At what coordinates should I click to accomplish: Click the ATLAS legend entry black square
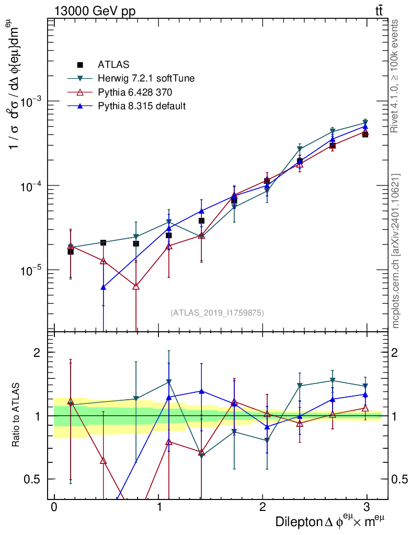point(80,65)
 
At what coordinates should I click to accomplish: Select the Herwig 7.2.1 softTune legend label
point(146,78)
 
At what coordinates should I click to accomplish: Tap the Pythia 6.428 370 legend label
point(135,92)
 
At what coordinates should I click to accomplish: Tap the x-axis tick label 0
point(54,507)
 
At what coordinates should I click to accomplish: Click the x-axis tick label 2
point(263,507)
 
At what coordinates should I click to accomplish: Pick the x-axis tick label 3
point(368,507)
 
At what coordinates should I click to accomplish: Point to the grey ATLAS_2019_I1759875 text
point(217,313)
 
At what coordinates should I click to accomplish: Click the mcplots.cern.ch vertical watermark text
point(396,251)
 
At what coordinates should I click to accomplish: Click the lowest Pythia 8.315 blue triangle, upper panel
point(104,287)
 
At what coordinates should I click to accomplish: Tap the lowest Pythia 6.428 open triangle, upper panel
point(136,286)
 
